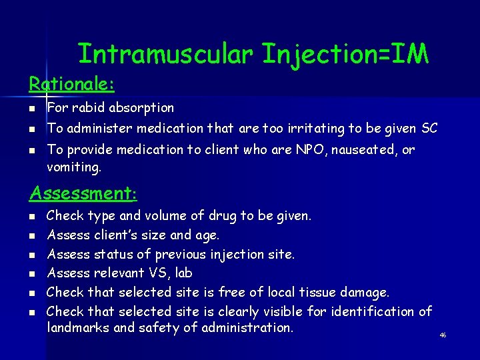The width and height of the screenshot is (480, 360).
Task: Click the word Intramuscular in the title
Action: [x=166, y=55]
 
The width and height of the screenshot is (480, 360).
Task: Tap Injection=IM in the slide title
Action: [x=345, y=55]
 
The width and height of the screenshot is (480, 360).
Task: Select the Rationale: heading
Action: [x=71, y=84]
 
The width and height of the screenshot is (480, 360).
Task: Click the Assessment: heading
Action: [x=83, y=193]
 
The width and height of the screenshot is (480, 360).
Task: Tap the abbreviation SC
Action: [x=429, y=128]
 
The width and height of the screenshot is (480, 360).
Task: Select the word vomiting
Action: [x=74, y=169]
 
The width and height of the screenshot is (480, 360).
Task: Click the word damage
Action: [x=364, y=293]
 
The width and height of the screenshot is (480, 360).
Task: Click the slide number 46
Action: [x=443, y=335]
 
